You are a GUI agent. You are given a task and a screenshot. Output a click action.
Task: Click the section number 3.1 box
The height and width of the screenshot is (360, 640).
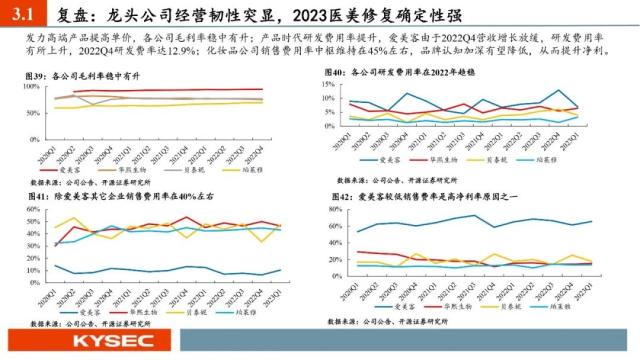(21, 14)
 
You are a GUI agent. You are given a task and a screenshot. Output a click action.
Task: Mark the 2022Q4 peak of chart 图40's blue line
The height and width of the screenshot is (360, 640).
(561, 92)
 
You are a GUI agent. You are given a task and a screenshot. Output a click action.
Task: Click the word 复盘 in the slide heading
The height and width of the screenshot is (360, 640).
(68, 14)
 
